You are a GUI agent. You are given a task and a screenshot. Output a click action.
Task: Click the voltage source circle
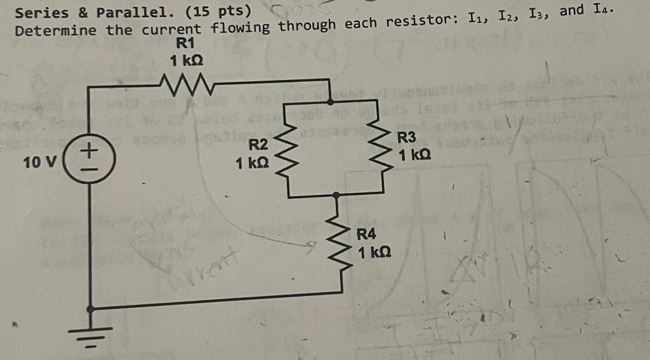point(91,163)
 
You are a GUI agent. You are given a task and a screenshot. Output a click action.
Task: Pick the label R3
point(406,138)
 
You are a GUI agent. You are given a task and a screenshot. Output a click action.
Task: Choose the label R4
point(366,236)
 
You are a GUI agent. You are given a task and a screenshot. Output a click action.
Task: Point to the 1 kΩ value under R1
point(187,60)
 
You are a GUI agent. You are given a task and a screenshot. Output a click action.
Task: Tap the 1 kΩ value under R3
point(416,154)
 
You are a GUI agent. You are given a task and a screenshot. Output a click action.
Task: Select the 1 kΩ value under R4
point(375,253)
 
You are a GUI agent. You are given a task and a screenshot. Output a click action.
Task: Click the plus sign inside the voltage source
point(91,151)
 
